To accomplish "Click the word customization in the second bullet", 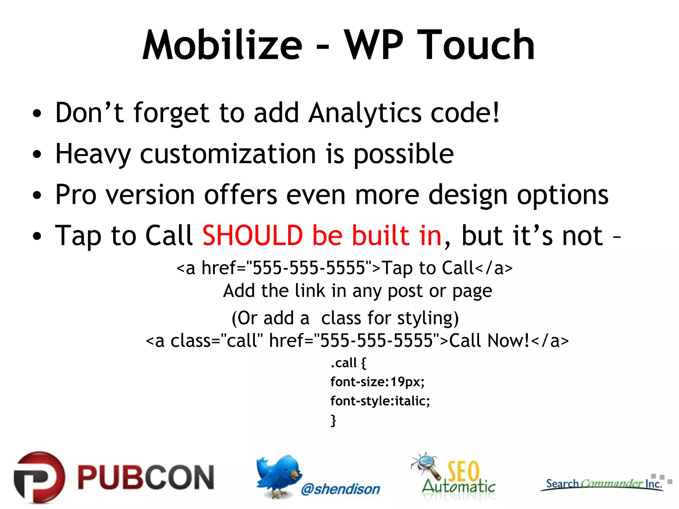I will tap(228, 154).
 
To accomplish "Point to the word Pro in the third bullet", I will tap(76, 195).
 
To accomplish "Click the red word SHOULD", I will tap(253, 236).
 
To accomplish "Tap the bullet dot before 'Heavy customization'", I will tap(37, 154).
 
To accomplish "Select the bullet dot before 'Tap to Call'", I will tap(37, 236).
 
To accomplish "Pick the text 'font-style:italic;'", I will tap(380, 401).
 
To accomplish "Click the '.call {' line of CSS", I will tap(348, 363).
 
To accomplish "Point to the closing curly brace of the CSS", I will tap(333, 420).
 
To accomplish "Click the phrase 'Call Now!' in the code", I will tap(489, 341).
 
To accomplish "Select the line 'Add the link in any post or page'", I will tap(357, 291).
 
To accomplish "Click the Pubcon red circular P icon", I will tap(39, 477).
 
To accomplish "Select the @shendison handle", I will tap(340, 489).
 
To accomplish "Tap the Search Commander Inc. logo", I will tap(603, 484).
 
